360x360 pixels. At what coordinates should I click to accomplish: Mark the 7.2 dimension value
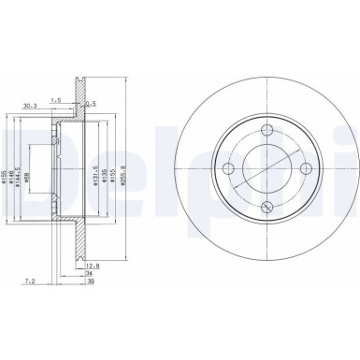[x=31, y=279]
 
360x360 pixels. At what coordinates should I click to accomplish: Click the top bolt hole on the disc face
[x=266, y=131]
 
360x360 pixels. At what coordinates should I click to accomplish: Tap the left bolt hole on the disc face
[x=226, y=169]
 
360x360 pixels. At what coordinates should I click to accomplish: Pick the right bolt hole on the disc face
[x=305, y=169]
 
